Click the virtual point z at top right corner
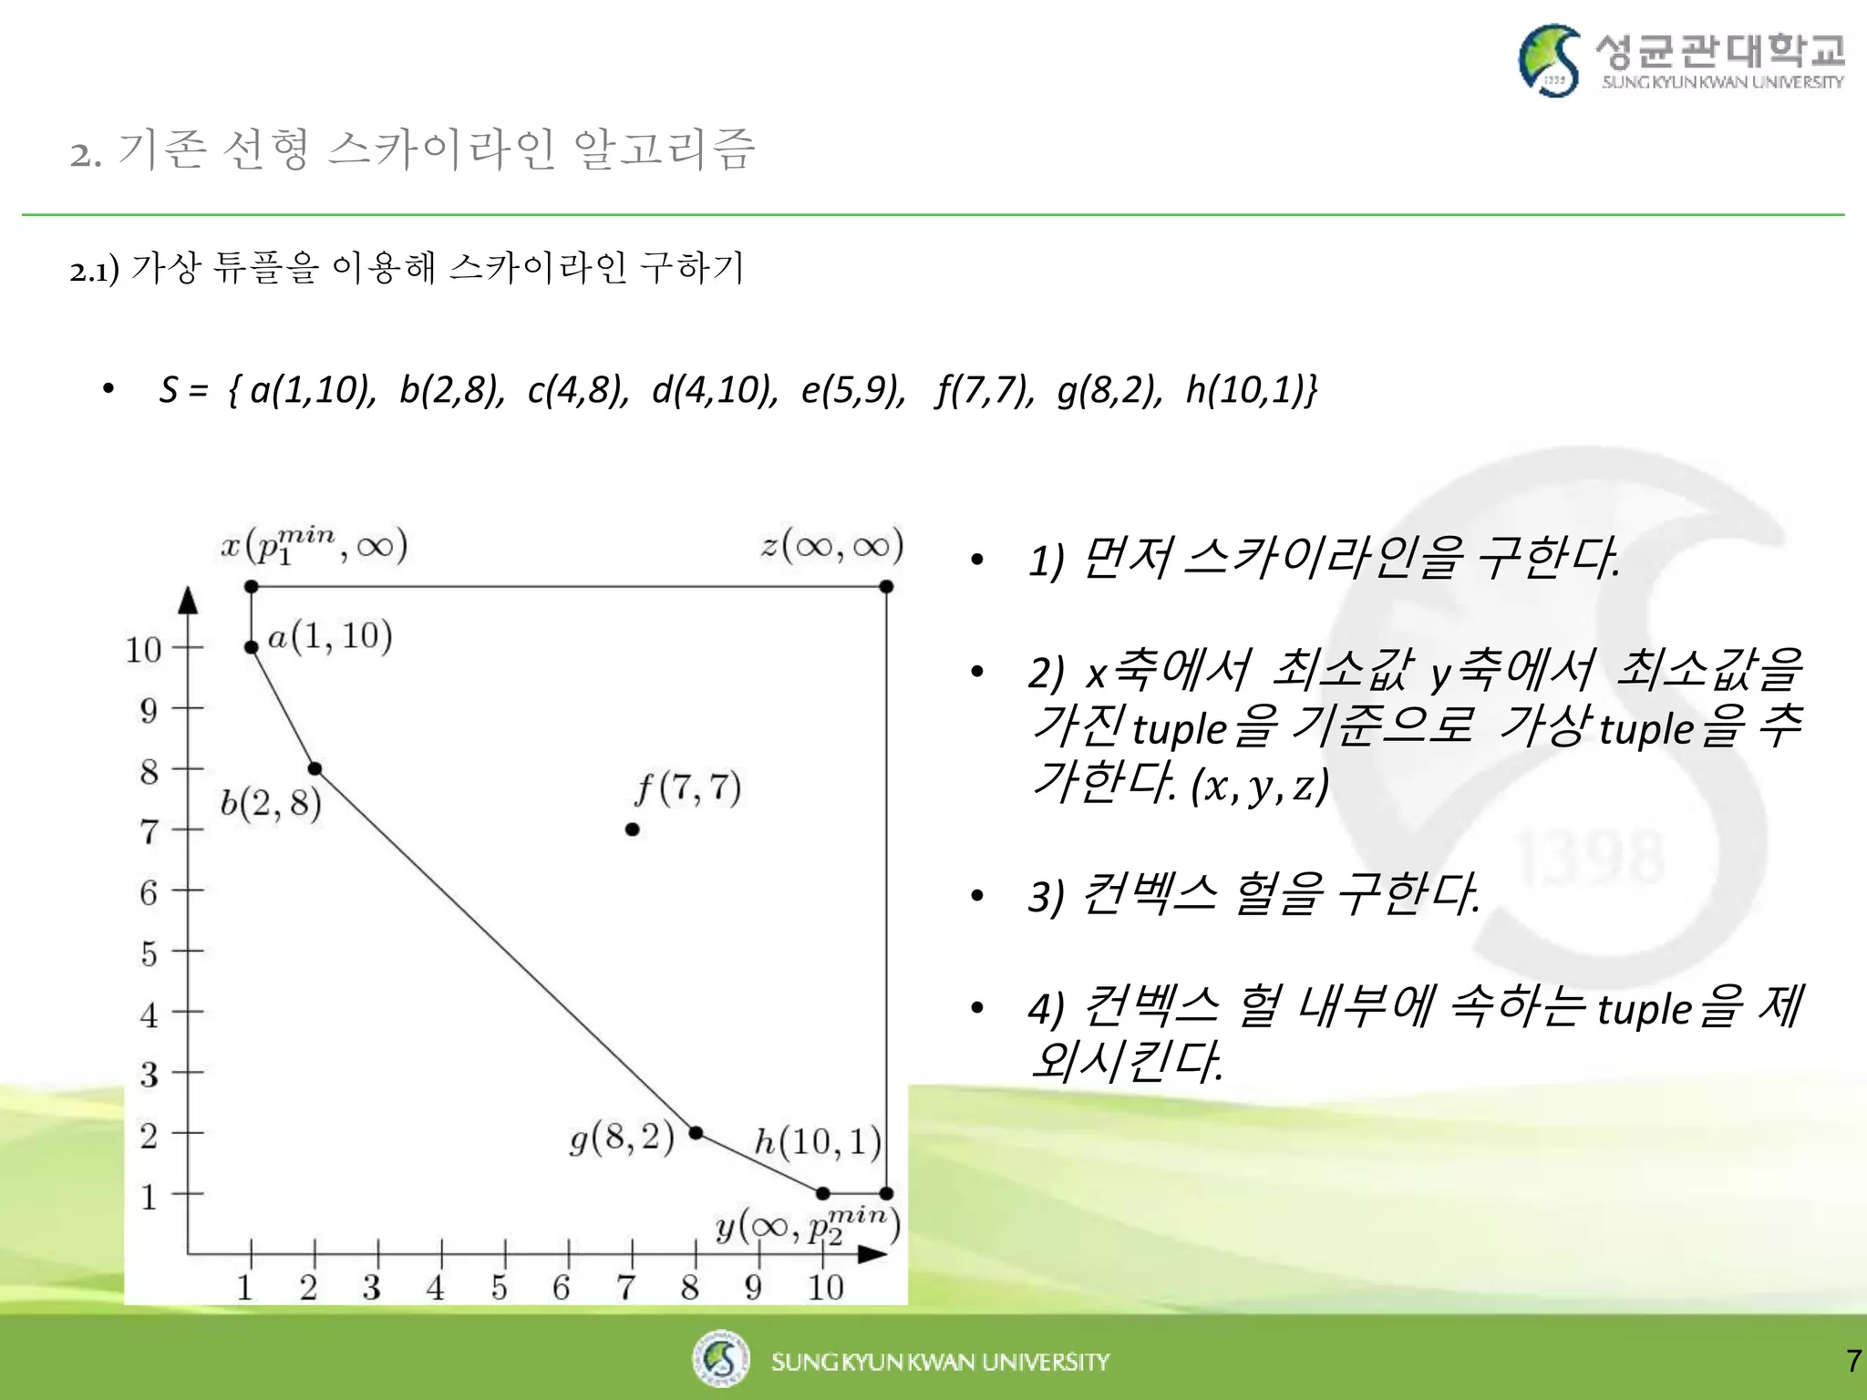point(886,587)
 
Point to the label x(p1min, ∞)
point(315,546)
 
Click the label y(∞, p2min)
point(808,1226)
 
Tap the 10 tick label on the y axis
point(143,650)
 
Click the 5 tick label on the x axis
point(499,1288)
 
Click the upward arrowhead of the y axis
point(188,600)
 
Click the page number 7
point(1853,1361)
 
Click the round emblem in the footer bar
point(721,1359)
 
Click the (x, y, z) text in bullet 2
point(1260,785)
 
